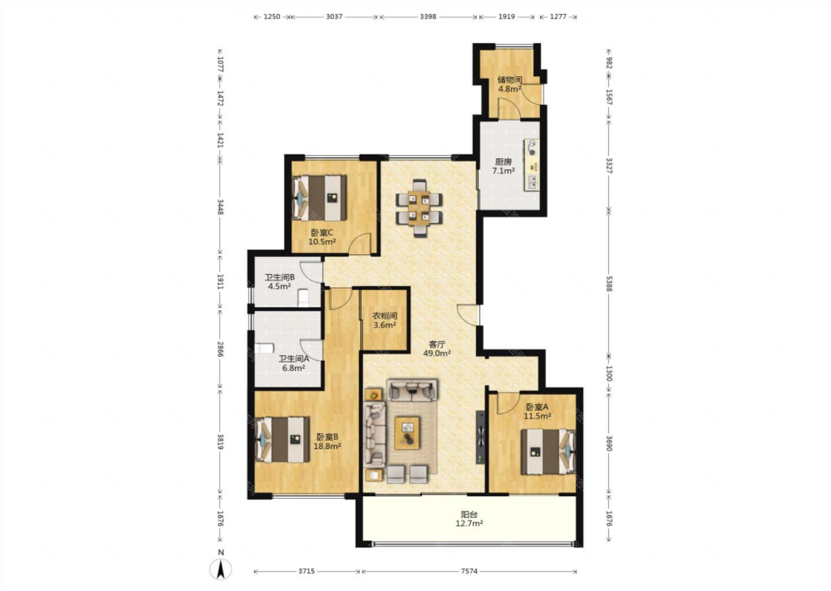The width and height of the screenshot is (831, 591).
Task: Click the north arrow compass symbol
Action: (x=220, y=568)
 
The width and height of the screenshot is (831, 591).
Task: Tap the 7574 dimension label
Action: (x=469, y=571)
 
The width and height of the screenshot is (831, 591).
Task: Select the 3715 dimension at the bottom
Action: (x=306, y=571)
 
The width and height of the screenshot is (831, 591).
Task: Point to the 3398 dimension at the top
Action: (x=428, y=17)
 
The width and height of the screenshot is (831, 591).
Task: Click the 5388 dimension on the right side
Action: (x=609, y=282)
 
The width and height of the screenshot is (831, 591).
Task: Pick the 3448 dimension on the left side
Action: (x=220, y=207)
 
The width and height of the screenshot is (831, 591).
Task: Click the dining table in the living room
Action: (x=419, y=208)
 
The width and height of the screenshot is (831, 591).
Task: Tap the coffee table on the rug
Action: (x=407, y=433)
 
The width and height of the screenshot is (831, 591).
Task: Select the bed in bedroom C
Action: (x=320, y=198)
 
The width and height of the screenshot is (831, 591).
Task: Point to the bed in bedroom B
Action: (x=283, y=440)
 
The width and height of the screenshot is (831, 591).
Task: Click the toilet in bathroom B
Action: (x=303, y=298)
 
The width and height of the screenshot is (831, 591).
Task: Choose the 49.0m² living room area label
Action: (x=437, y=353)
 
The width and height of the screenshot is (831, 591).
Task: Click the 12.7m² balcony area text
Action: (x=469, y=523)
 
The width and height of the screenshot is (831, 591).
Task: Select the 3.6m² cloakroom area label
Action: (x=385, y=326)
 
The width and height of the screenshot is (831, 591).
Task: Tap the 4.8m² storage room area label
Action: (x=510, y=89)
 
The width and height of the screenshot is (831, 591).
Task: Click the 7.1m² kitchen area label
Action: (x=503, y=171)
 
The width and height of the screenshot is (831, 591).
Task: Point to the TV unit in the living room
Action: (x=480, y=437)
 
